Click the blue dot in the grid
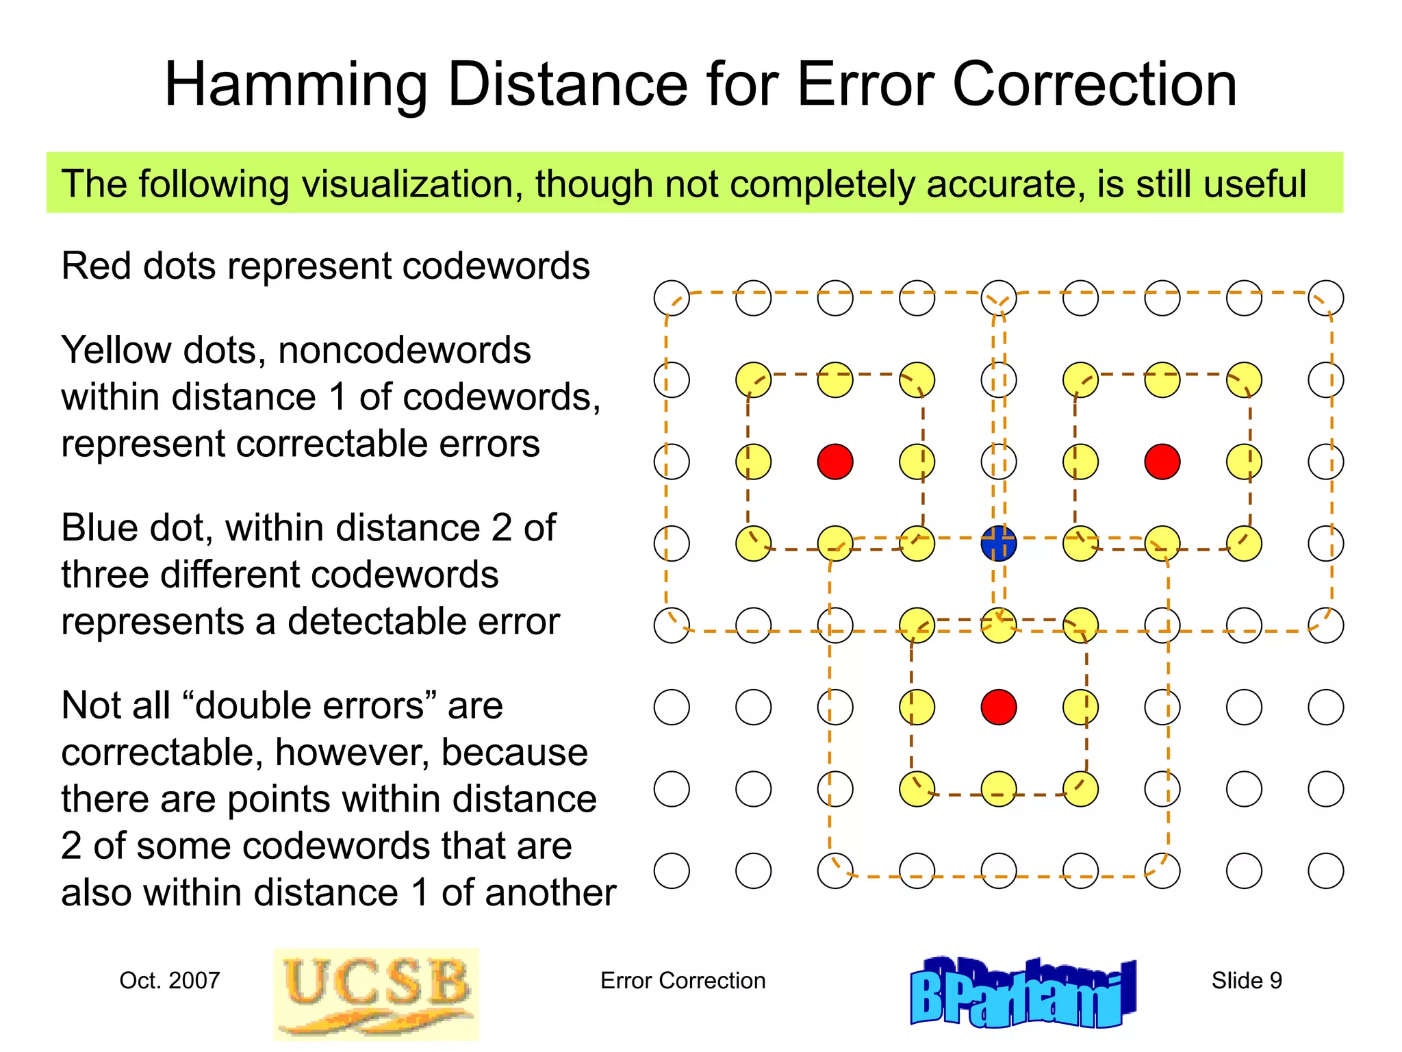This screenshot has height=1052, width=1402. tap(999, 544)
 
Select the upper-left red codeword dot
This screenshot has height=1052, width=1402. tap(835, 462)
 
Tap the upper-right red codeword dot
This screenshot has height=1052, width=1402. tap(1162, 462)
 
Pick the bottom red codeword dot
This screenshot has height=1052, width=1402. tap(999, 707)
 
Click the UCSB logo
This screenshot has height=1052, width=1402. tap(376, 994)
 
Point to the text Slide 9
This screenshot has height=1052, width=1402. tap(1246, 981)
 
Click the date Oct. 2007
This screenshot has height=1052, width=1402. tap(169, 981)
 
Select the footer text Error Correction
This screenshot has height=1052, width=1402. tap(683, 981)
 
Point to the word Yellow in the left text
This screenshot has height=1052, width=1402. tap(116, 351)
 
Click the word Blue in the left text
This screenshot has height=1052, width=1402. tap(103, 528)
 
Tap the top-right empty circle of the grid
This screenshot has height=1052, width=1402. tap(1325, 298)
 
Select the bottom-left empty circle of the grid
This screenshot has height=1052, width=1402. tap(672, 871)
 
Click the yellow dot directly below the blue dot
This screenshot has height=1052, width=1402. tap(999, 625)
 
